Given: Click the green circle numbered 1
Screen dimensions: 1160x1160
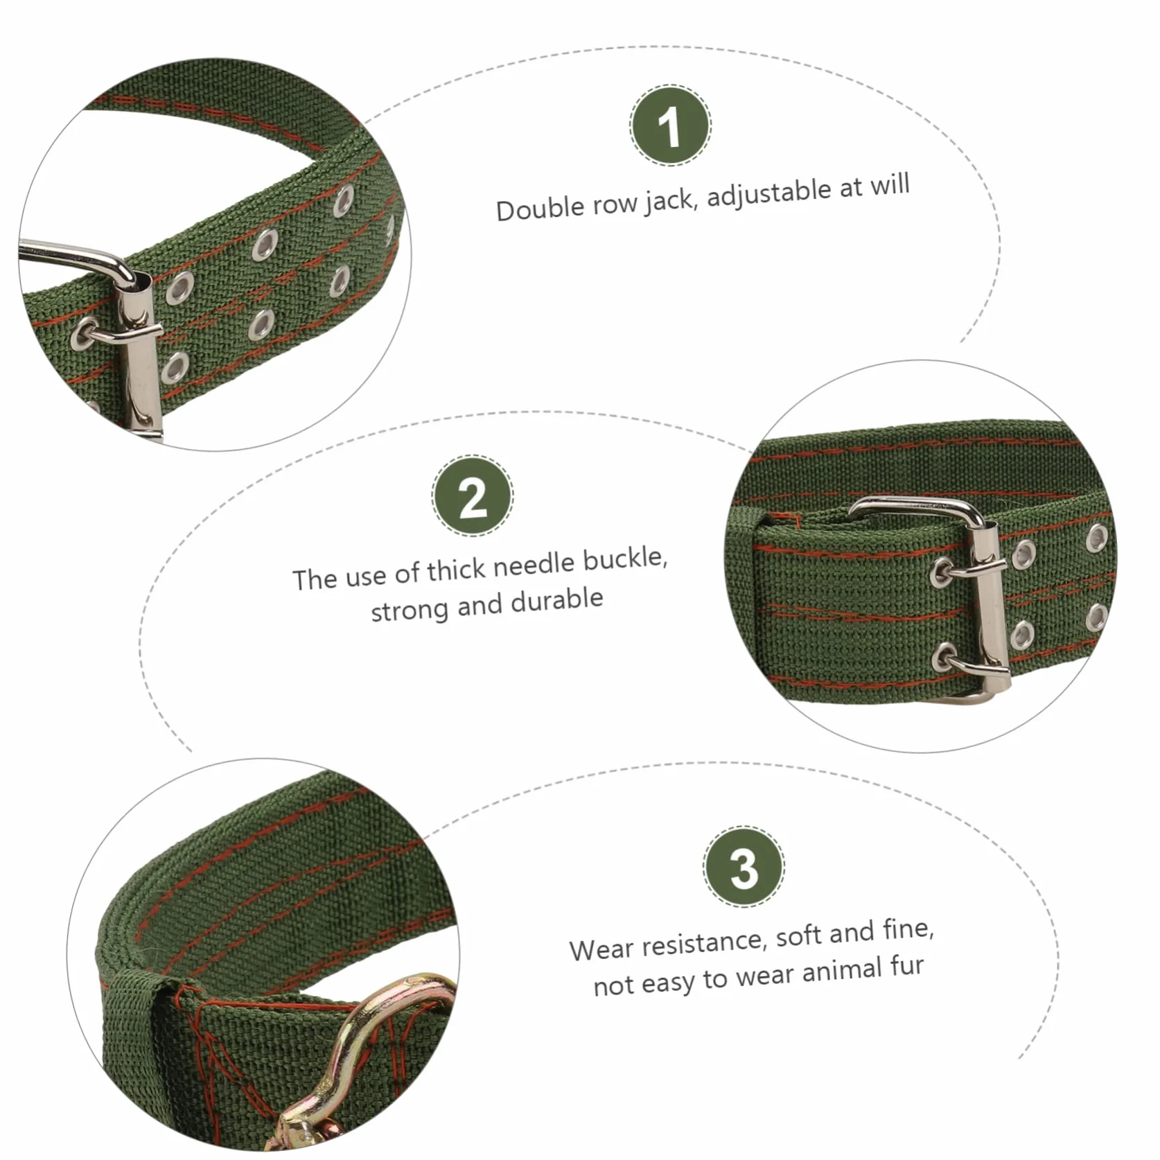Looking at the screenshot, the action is coord(670,125).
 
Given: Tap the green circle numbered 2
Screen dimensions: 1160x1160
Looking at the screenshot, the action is coord(473,495).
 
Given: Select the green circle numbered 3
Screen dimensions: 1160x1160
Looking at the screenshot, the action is coord(744,866).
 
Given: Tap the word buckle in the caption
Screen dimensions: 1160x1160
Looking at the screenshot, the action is coord(626,560).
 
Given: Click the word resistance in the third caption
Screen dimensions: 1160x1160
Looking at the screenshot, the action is coord(701,943).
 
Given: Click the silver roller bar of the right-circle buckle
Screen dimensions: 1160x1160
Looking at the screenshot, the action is coord(986,603).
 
